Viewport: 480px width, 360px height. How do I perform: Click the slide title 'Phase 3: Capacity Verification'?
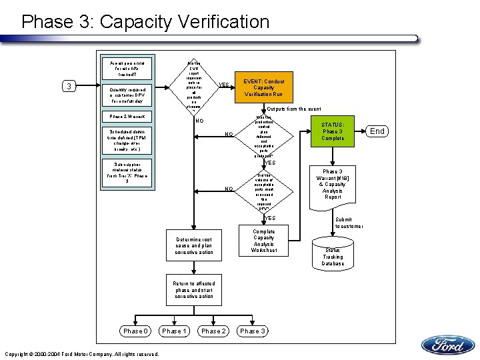[145, 21]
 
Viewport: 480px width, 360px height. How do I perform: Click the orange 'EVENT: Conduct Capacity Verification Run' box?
[263, 87]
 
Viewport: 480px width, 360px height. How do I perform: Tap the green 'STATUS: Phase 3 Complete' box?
[333, 131]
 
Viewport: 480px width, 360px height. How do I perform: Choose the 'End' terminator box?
[377, 131]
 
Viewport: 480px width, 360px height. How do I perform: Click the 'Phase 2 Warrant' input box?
[126, 117]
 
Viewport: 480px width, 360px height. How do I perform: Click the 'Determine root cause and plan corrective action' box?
[194, 246]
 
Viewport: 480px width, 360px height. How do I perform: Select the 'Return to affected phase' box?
[194, 290]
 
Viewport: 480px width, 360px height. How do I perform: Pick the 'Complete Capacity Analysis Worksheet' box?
[264, 241]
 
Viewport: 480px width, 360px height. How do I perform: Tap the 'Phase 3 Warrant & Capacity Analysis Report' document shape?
[333, 183]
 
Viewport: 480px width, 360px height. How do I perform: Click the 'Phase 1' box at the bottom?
[175, 331]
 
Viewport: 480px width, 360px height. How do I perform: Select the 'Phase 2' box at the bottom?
[213, 331]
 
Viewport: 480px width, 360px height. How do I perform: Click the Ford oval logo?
[447, 345]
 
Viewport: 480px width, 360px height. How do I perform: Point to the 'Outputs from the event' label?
[293, 109]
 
